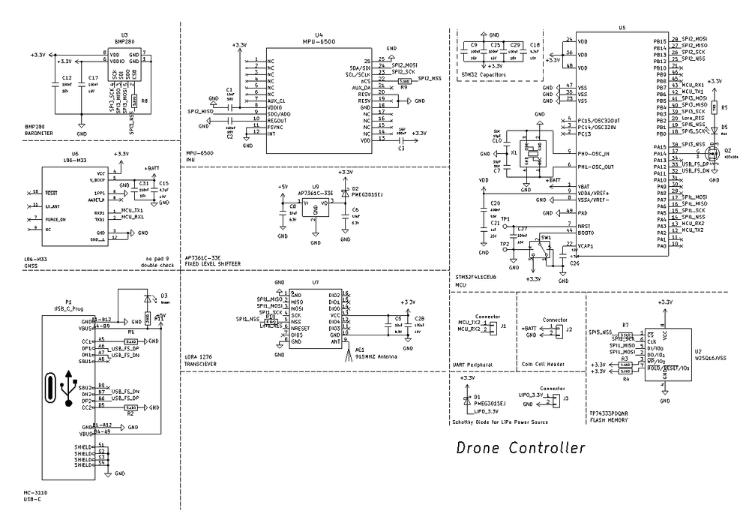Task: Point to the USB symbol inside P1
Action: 70,388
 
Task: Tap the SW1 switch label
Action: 546,236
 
